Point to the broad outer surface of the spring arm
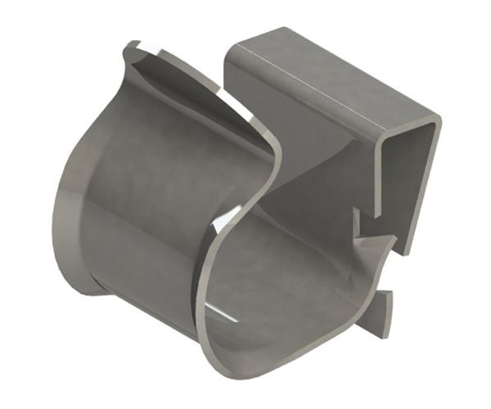(155, 188)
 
